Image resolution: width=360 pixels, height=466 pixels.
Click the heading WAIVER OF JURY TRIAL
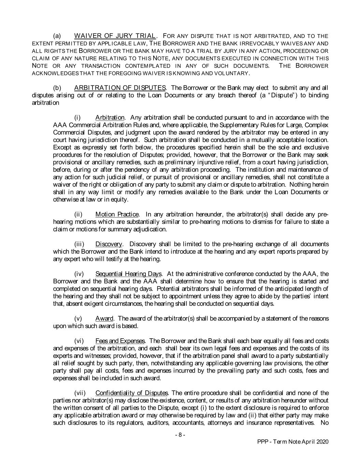(115, 36)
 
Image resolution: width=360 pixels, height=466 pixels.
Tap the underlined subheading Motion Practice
(117, 214)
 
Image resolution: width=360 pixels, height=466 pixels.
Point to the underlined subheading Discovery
(109, 244)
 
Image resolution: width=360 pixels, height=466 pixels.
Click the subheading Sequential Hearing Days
(129, 274)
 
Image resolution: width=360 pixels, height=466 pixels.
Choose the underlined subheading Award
(104, 319)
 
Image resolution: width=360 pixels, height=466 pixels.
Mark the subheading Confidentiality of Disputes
(132, 393)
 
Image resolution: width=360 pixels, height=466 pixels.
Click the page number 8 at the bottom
(180, 435)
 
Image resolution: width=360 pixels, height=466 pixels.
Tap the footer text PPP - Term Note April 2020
(292, 442)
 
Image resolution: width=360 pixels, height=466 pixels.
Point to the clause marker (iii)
(80, 244)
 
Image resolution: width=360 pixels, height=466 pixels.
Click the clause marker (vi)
(80, 341)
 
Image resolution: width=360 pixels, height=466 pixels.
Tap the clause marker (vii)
(80, 393)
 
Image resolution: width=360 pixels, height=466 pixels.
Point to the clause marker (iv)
(80, 274)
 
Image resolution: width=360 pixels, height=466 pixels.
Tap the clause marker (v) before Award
(78, 319)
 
